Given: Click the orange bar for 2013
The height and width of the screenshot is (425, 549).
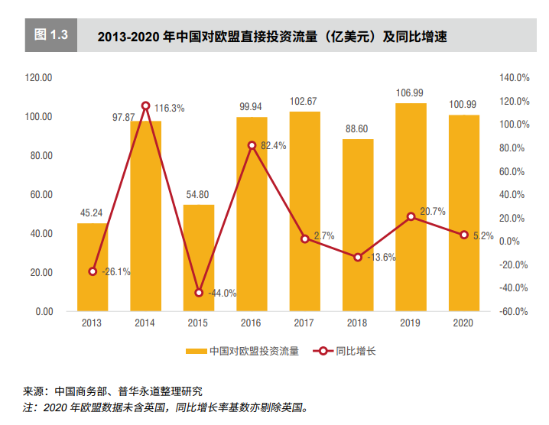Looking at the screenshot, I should tap(93, 268).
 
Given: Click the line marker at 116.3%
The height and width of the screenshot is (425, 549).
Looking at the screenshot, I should tap(145, 105).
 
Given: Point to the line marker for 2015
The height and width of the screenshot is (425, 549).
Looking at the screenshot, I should tap(199, 293).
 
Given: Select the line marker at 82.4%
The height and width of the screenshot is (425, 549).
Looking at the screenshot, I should tap(252, 144).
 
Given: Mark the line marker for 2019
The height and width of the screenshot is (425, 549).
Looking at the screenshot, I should tap(411, 216).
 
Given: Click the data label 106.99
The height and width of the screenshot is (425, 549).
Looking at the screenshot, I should tap(410, 93).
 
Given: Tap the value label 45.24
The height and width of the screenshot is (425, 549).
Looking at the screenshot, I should tap(92, 213).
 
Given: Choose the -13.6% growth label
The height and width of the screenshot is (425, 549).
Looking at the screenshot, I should tap(381, 258).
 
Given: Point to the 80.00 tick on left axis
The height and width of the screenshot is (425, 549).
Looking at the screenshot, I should tap(39, 156).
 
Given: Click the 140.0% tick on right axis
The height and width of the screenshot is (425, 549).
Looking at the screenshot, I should tap(515, 78).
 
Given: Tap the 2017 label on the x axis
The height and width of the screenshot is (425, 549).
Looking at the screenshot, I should tap(304, 323).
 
